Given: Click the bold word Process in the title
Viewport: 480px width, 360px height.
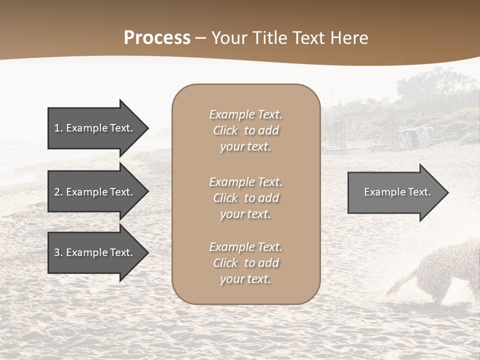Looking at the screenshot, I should [x=157, y=38].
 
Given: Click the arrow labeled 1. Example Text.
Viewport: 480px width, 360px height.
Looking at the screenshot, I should [x=95, y=128].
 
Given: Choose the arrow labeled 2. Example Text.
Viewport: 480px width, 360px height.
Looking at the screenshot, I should [x=95, y=192].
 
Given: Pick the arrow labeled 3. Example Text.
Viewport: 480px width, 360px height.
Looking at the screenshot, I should [x=95, y=252].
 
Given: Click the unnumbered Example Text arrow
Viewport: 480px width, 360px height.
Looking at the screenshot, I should [x=395, y=192].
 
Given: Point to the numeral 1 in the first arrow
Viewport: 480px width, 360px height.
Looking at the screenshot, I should [x=57, y=128].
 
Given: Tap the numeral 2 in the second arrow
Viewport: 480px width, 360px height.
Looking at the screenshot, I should [x=57, y=192].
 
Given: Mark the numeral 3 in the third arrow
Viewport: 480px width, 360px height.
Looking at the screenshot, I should [x=57, y=252].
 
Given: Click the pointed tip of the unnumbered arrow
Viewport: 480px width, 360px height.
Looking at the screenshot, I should [x=446, y=192].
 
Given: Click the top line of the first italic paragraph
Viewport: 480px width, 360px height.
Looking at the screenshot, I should [x=245, y=114].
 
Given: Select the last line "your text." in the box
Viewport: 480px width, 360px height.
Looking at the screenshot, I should [x=245, y=279].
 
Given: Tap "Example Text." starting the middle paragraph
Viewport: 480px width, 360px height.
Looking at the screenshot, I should [x=245, y=182].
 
